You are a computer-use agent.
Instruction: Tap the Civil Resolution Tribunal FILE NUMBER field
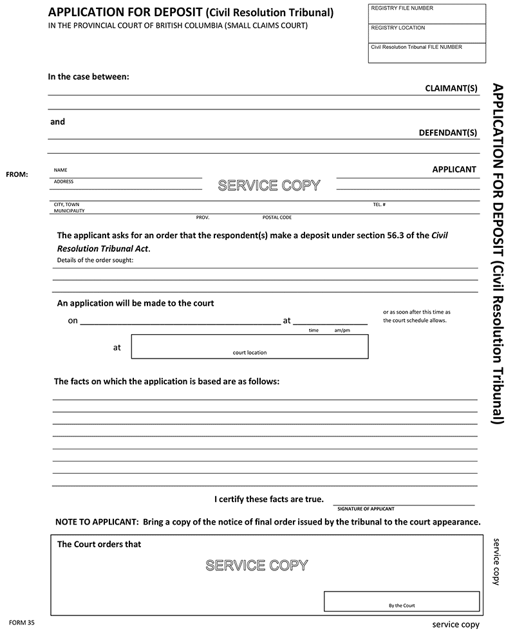pyautogui.click(x=426, y=53)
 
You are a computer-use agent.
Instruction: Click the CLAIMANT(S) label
pyautogui.click(x=451, y=88)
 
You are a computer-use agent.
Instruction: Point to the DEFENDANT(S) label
pyautogui.click(x=447, y=133)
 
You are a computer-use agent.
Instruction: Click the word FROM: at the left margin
pyautogui.click(x=17, y=174)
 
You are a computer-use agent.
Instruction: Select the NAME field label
pyautogui.click(x=61, y=171)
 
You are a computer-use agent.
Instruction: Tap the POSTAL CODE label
pyautogui.click(x=277, y=218)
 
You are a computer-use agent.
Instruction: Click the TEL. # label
pyautogui.click(x=379, y=205)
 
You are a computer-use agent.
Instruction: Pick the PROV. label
pyautogui.click(x=203, y=218)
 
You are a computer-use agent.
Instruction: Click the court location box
pyautogui.click(x=250, y=346)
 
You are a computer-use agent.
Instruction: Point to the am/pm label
pyautogui.click(x=342, y=330)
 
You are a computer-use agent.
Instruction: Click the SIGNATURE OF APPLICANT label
pyautogui.click(x=366, y=509)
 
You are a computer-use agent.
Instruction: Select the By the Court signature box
pyautogui.click(x=402, y=601)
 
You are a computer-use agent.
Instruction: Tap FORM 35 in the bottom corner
pyautogui.click(x=21, y=622)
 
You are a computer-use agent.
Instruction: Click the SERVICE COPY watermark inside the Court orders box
pyautogui.click(x=256, y=565)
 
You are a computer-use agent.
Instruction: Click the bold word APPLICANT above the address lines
pyautogui.click(x=454, y=170)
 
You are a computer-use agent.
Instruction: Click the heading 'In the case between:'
pyautogui.click(x=89, y=77)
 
